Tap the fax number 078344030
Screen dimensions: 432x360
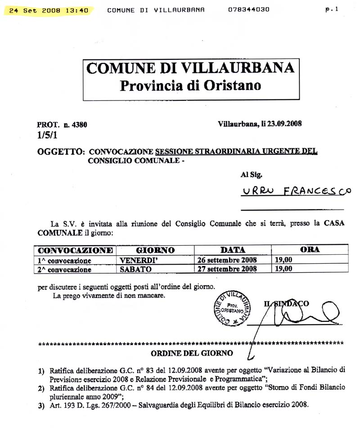click(249, 9)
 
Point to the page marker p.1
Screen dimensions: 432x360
click(332, 9)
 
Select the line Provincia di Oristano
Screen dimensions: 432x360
click(190, 85)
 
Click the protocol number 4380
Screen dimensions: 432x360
click(79, 125)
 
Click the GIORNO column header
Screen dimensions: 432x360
click(155, 250)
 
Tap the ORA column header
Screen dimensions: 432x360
click(310, 249)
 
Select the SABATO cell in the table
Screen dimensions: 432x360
click(136, 269)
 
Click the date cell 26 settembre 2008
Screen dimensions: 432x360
click(227, 260)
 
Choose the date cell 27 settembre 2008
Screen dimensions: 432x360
click(227, 269)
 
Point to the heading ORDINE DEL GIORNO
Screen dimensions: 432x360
click(192, 353)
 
